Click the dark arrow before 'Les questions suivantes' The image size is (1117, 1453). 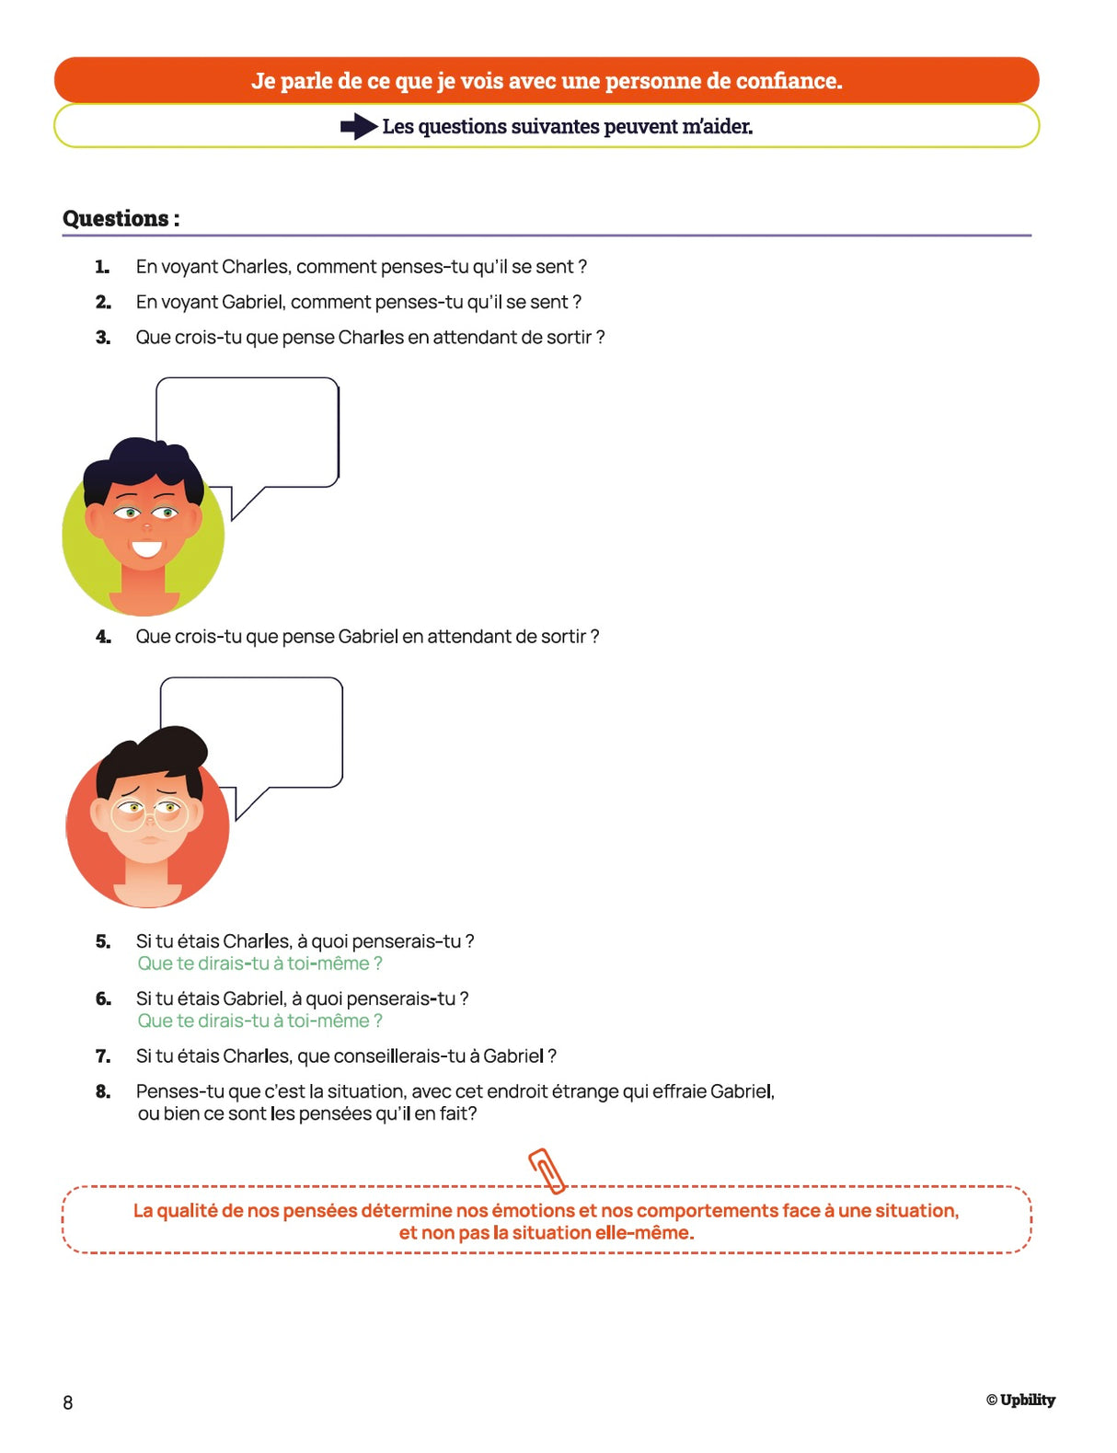click(359, 127)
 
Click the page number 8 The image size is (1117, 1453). click(68, 1402)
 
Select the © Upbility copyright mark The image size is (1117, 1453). click(1020, 1400)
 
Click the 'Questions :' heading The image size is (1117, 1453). click(121, 219)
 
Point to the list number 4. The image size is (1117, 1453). click(103, 637)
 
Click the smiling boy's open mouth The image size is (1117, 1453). click(145, 549)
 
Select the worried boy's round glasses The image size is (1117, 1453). click(150, 814)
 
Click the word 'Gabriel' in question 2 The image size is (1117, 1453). click(253, 302)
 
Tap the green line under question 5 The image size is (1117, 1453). click(259, 963)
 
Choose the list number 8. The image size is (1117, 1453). click(103, 1091)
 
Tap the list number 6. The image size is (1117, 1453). click(103, 998)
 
